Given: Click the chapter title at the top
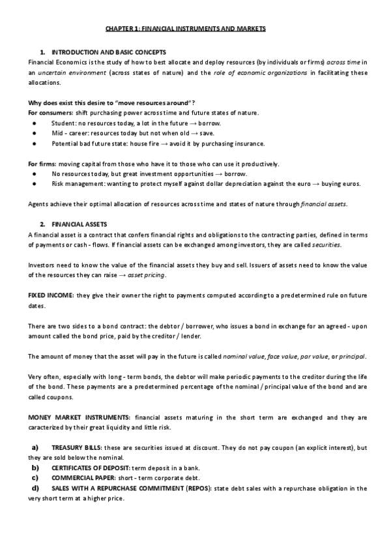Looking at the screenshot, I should point(186,29).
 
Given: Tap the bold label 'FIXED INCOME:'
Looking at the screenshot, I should point(51,295).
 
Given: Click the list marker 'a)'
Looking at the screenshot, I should point(35,448).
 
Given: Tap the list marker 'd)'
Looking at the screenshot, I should point(35,488).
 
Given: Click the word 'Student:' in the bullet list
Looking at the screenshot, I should point(63,123).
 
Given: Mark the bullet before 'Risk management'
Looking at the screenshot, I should point(33,184).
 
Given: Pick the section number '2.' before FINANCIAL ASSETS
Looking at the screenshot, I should point(42,224).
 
